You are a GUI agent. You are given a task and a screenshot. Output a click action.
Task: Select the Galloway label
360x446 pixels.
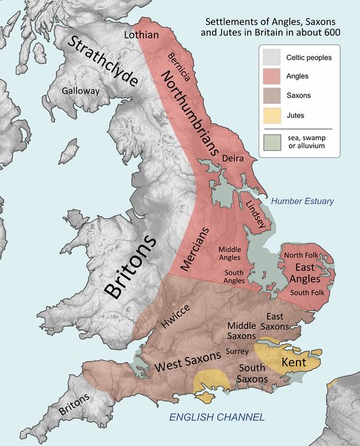click(81, 91)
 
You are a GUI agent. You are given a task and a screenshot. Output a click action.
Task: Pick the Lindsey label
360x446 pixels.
click(255, 213)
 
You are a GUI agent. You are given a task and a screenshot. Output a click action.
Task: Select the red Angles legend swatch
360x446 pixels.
click(274, 77)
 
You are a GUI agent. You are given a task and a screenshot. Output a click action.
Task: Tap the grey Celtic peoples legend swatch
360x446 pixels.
click(274, 57)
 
